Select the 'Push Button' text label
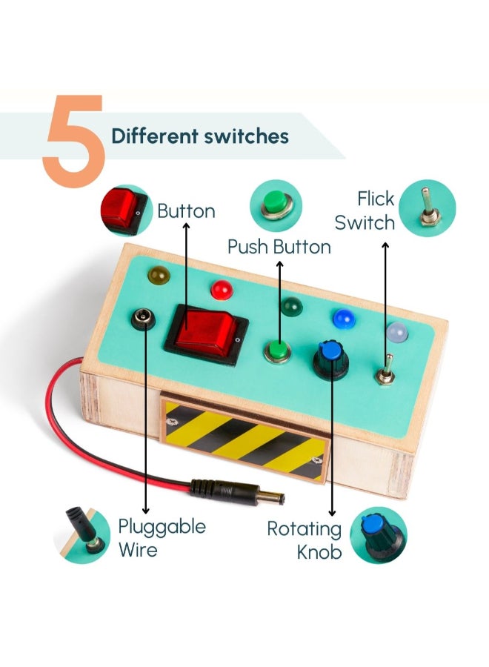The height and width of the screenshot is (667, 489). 279,247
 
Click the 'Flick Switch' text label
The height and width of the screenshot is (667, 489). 365,210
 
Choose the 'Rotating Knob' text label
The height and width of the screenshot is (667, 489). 304,540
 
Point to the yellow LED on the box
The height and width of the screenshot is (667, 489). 157,276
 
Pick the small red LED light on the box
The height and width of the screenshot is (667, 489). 220,289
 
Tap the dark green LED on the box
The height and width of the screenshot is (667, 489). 290,305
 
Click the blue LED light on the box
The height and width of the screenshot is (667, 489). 342,318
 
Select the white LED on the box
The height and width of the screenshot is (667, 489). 396,333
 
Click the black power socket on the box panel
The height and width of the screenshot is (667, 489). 142,320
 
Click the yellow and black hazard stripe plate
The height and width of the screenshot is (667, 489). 245,439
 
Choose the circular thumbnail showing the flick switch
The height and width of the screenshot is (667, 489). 427,208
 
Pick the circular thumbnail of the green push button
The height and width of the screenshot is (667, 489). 276,205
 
